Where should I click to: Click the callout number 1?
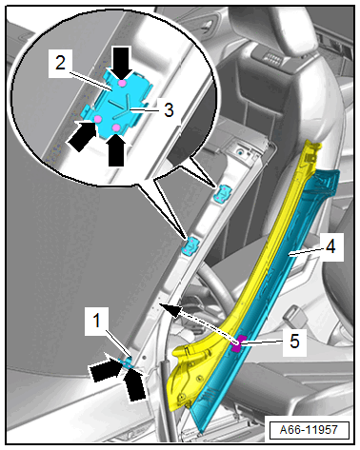[97, 320]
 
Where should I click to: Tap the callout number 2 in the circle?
[60, 63]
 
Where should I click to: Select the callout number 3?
[169, 110]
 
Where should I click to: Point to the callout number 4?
[330, 246]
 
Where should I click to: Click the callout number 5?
[294, 342]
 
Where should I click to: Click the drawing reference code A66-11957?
[310, 430]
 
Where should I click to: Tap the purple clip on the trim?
[238, 343]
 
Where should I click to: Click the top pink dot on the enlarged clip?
[121, 83]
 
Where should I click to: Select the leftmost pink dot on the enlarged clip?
[98, 119]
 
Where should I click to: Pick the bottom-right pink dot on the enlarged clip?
[116, 127]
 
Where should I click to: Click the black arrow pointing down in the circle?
[122, 63]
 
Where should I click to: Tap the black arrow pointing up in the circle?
[116, 150]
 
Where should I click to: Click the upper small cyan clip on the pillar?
[223, 193]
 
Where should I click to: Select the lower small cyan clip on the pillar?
[190, 245]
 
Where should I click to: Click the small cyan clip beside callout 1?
[128, 362]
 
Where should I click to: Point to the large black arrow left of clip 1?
[106, 370]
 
